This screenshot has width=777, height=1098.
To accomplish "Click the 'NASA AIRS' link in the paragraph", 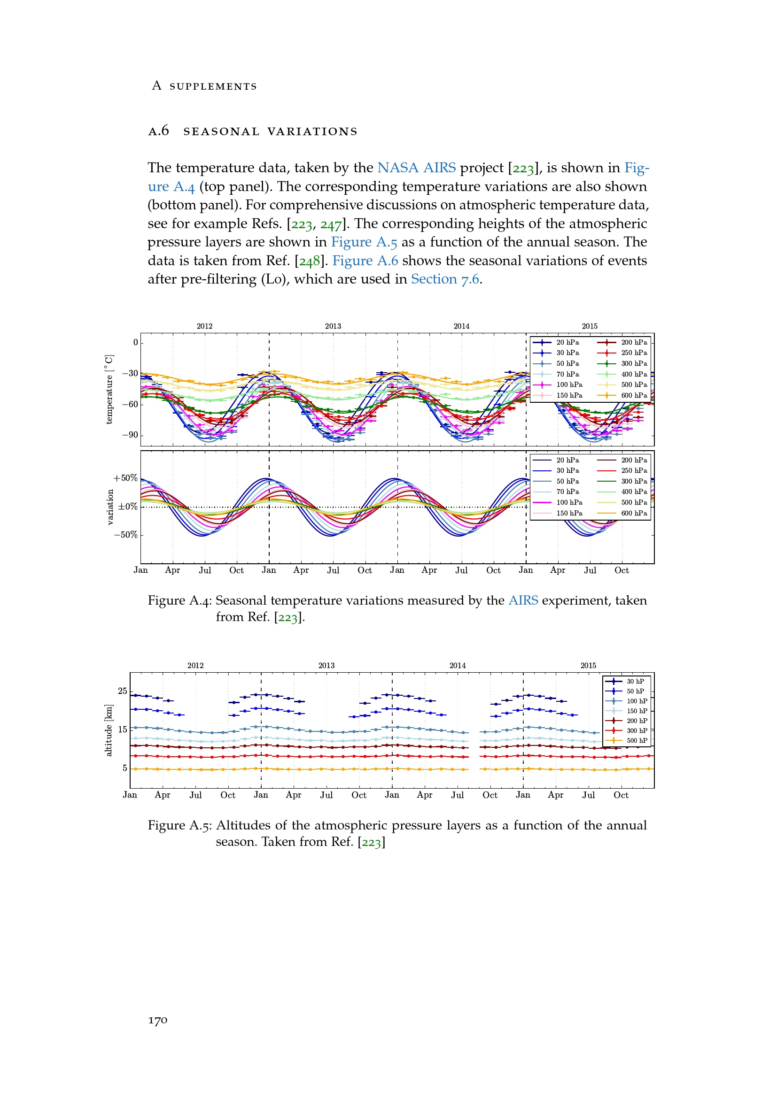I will tap(416, 168).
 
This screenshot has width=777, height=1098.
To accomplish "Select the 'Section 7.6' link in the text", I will tap(444, 279).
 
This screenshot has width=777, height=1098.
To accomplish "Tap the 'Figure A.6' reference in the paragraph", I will tap(365, 261).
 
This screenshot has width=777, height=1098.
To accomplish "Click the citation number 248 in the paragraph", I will tap(310, 261).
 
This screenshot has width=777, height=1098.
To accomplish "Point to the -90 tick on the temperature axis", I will tap(130, 435).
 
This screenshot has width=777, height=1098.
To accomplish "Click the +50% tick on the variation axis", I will tap(125, 478).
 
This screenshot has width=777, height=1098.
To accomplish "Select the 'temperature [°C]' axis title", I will tap(109, 389).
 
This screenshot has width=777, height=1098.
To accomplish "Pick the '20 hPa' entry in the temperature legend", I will tap(567, 342).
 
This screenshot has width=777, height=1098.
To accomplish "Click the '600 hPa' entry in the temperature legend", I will tap(634, 395).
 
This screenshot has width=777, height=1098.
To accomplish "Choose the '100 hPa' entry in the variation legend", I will tap(569, 503).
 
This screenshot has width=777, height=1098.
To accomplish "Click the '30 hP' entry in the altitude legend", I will tap(635, 682).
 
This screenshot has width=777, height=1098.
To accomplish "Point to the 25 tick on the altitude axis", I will tap(123, 691).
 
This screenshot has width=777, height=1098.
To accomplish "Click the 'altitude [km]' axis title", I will tap(109, 730).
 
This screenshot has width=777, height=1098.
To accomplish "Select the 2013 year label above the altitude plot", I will tap(326, 666).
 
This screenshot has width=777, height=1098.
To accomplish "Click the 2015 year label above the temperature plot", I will tap(590, 326).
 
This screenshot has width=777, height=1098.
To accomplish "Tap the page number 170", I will tap(158, 1020).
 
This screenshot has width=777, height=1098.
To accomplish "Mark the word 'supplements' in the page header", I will tap(213, 86).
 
